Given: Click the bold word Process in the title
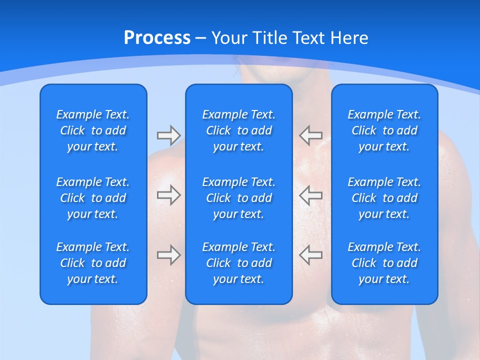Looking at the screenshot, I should pos(157,37).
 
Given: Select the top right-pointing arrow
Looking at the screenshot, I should pos(169,135).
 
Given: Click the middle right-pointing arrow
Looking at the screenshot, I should pos(169,195).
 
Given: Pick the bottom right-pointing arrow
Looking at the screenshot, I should pos(169,255).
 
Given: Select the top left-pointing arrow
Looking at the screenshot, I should pos(311,135).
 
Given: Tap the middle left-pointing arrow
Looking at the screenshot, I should pos(311,195).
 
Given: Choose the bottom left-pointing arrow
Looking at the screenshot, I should pos(311,255).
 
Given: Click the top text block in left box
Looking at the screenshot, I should pos(93,130).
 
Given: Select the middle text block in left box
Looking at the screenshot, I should pos(93,198).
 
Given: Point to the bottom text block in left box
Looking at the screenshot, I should pos(93,263).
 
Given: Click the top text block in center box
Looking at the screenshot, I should pos(239,130).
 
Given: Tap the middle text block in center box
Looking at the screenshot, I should pos(239,198).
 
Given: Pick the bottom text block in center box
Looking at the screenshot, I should pos(239,263).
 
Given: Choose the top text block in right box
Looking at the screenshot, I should pos(384,130).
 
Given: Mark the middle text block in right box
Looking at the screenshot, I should pos(384,198).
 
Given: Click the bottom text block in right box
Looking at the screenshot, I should pos(384,263).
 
